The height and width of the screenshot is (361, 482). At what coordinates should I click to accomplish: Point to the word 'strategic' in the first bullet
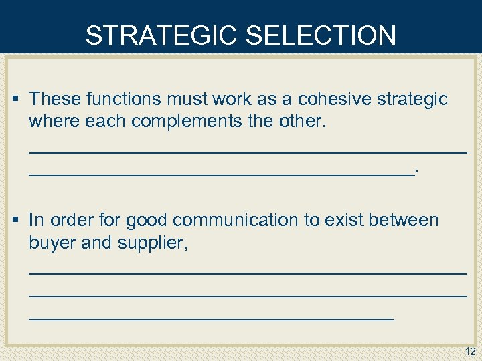pyautogui.click(x=412, y=100)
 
